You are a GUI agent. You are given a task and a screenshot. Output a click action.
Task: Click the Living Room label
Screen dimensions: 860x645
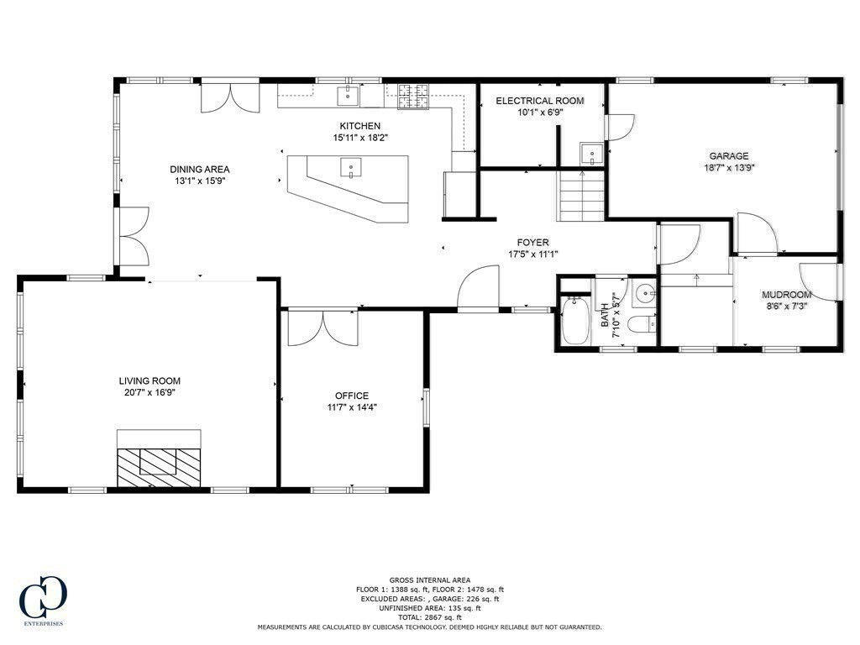(149, 380)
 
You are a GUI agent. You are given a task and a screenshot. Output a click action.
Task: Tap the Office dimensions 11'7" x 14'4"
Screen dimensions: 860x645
(352, 407)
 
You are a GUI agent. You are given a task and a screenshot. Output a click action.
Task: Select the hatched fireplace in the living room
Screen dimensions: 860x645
(159, 467)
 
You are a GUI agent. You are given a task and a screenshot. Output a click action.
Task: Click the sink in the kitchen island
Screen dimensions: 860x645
(351, 168)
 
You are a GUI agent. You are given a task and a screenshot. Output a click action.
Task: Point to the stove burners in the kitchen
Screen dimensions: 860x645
(414, 96)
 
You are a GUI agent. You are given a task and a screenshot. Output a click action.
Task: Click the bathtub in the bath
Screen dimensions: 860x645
(574, 321)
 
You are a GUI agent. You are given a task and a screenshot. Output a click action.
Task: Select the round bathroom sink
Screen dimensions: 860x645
(644, 294)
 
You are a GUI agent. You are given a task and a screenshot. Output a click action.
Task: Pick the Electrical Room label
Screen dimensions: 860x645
(540, 101)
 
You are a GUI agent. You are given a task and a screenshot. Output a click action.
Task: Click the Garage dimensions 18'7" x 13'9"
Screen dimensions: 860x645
(729, 168)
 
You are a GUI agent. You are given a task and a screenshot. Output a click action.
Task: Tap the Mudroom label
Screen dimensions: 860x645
(786, 295)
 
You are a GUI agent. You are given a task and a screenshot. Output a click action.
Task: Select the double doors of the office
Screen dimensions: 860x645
(323, 328)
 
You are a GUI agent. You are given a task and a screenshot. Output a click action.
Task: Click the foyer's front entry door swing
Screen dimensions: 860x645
(478, 289)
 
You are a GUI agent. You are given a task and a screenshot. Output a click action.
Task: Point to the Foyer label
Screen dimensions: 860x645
(532, 243)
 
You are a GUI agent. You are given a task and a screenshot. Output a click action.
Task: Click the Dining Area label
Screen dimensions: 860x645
(200, 170)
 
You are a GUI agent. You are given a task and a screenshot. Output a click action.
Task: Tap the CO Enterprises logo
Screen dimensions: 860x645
(43, 600)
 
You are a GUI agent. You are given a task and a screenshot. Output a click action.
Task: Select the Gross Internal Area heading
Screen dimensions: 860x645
(430, 579)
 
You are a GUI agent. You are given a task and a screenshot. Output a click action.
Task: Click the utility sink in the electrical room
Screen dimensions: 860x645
(592, 154)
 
